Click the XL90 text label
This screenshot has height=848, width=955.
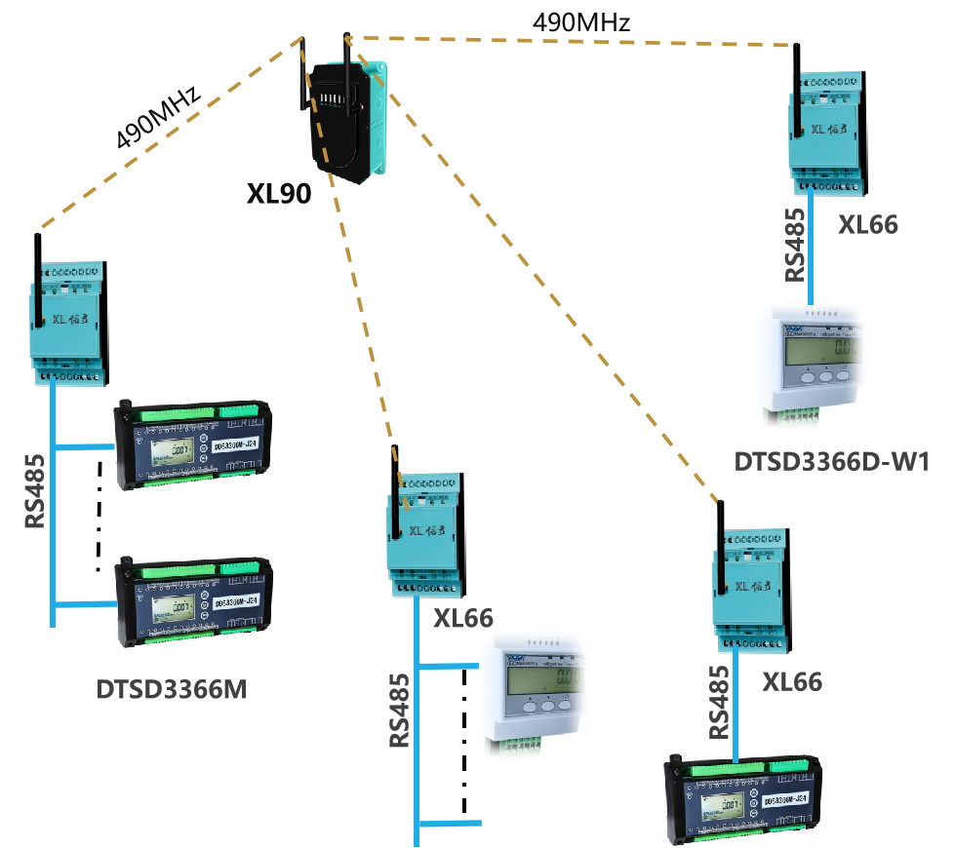point(278,193)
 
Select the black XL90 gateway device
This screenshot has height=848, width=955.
point(346,117)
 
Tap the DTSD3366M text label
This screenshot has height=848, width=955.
point(172,690)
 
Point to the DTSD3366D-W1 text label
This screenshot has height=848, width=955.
point(831,461)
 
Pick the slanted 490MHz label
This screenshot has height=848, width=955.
point(159,117)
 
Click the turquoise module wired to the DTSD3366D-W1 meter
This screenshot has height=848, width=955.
point(825,132)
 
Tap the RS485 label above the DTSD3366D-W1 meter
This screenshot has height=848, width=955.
point(797,244)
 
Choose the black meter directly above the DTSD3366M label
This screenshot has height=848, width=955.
point(193,601)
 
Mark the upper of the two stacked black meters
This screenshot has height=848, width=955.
point(193,444)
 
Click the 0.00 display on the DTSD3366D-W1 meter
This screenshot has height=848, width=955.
point(845,349)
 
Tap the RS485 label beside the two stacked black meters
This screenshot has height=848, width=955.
point(35,490)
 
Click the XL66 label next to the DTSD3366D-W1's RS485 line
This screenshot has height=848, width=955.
point(868,225)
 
